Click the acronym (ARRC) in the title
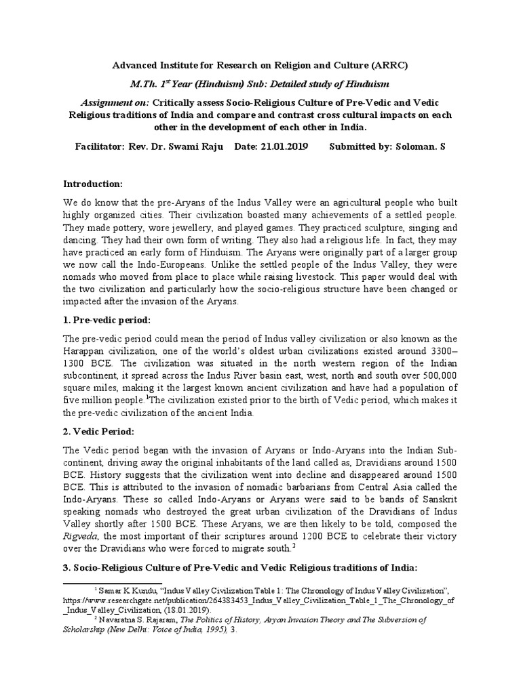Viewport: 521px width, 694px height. (393, 65)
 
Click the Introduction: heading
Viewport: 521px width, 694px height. (93, 184)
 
